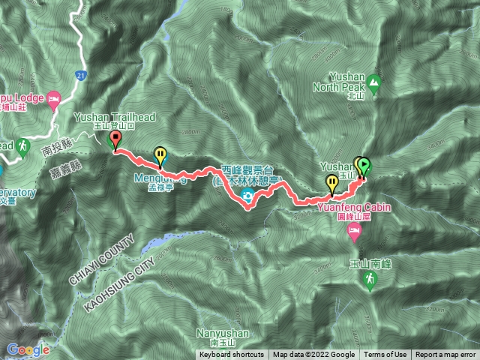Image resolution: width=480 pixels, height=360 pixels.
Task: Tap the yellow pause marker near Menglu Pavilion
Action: (160, 155)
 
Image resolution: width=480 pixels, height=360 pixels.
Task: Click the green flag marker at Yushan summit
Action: (365, 166)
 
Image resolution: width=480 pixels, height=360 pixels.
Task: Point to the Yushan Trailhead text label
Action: (103, 118)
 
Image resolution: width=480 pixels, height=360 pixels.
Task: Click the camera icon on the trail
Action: (247, 197)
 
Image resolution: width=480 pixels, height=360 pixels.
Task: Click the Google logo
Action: (28, 349)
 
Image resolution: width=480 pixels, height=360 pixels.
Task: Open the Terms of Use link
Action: (385, 355)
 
